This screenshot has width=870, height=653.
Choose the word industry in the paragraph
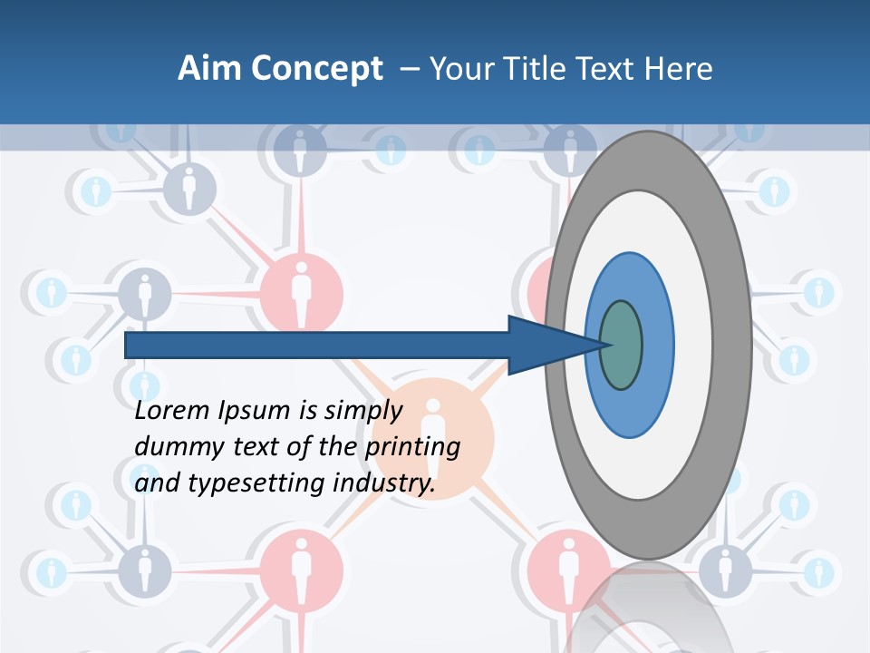pyautogui.click(x=384, y=484)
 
